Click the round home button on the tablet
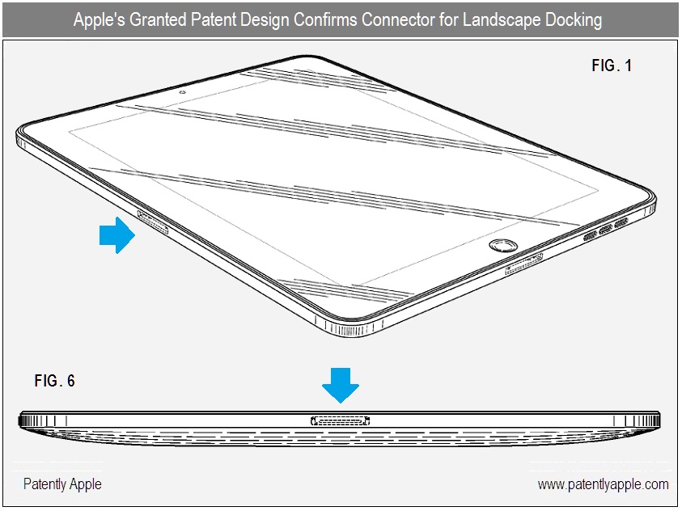pos(504,246)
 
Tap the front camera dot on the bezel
pos(183,92)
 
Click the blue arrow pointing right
pos(117,235)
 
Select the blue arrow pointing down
pos(341,386)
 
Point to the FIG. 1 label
pos(612,65)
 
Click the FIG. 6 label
pos(55,381)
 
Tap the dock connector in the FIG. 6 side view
pos(340,420)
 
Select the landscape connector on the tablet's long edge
pos(153,222)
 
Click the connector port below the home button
pos(524,264)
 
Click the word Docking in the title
pos(574,20)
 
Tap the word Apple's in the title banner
pos(100,19)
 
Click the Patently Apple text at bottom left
pos(62,484)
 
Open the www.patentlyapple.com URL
pos(603,484)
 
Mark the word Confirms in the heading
pos(325,19)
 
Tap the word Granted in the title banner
pos(158,19)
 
